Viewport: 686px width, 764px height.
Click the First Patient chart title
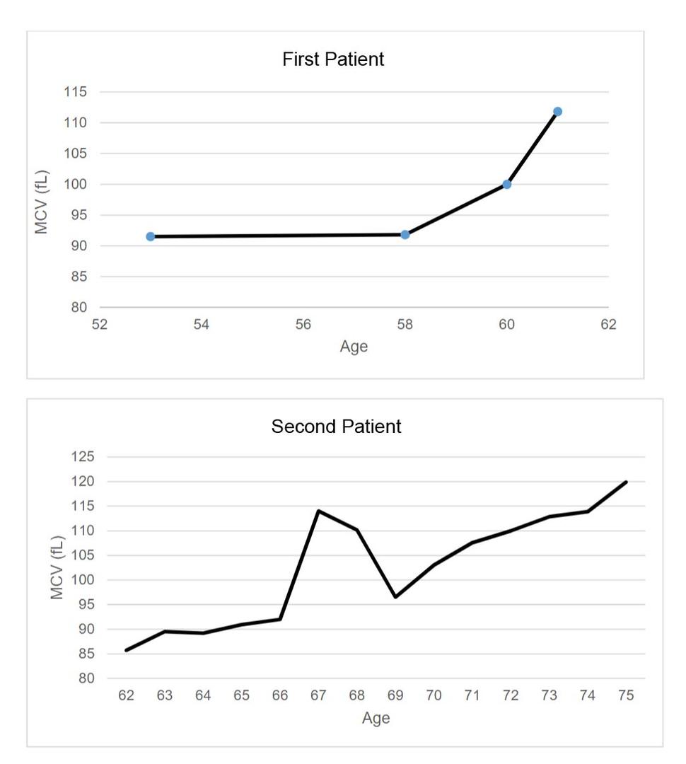pyautogui.click(x=333, y=59)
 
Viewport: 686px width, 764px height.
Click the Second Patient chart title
pyautogui.click(x=336, y=427)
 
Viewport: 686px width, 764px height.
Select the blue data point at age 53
pyautogui.click(x=151, y=236)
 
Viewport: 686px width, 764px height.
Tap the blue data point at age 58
pyautogui.click(x=405, y=234)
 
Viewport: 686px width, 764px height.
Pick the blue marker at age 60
pyautogui.click(x=507, y=185)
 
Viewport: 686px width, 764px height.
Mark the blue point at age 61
pyautogui.click(x=557, y=112)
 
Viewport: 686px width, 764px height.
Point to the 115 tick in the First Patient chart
pyautogui.click(x=74, y=92)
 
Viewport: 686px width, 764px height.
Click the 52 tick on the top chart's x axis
pyautogui.click(x=100, y=325)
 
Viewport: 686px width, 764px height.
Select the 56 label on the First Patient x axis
pyautogui.click(x=303, y=325)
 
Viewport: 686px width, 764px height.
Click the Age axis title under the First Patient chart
pyautogui.click(x=354, y=347)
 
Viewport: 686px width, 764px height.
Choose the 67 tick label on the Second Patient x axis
pyautogui.click(x=318, y=695)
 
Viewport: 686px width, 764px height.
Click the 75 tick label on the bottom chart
pyautogui.click(x=625, y=695)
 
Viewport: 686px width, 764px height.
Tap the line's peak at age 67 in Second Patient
pyautogui.click(x=318, y=511)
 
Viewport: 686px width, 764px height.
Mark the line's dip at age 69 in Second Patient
pyautogui.click(x=395, y=597)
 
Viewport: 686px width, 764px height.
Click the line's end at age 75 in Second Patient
pyautogui.click(x=626, y=482)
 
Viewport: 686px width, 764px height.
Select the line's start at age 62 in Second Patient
pyautogui.click(x=126, y=650)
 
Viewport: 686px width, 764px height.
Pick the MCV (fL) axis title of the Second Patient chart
pyautogui.click(x=58, y=567)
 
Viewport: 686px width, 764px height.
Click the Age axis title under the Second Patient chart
pyautogui.click(x=376, y=718)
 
